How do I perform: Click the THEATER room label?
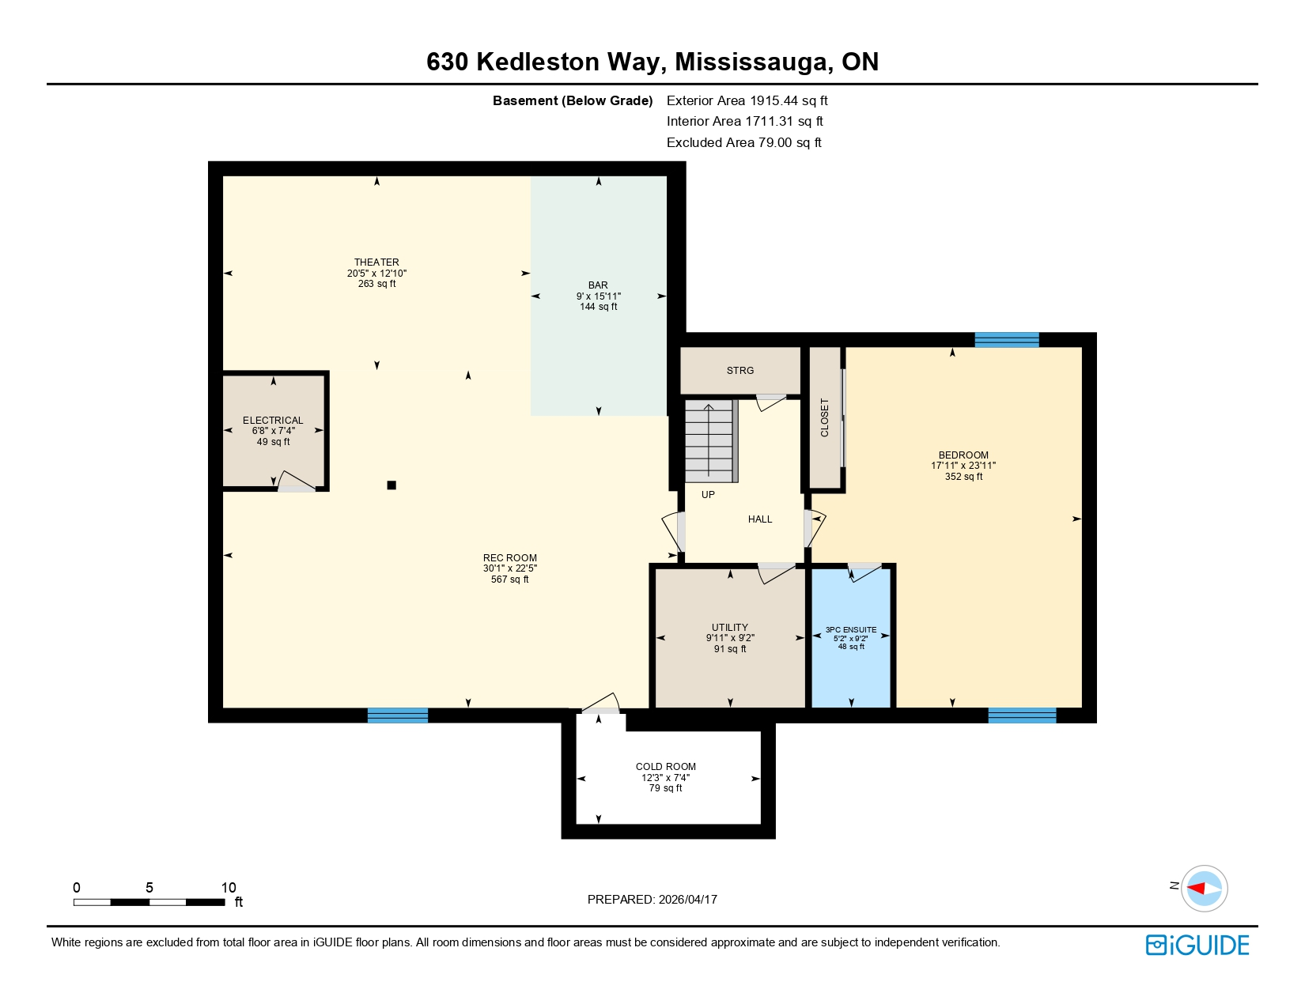point(376,262)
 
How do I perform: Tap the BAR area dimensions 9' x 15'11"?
point(598,296)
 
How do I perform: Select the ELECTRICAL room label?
point(273,421)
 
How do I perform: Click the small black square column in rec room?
point(391,485)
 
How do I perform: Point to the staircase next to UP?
point(709,440)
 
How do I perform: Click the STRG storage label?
point(740,371)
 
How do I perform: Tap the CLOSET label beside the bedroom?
point(825,417)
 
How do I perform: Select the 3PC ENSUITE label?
point(851,630)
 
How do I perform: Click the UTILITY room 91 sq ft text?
point(730,649)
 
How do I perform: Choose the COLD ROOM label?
point(666,767)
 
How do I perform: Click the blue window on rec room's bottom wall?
point(398,715)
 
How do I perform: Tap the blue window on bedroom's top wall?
point(1006,340)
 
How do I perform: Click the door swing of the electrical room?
point(297,482)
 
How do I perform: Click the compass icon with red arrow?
point(1205,888)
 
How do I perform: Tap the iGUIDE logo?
point(1197,946)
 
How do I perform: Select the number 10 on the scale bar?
point(229,888)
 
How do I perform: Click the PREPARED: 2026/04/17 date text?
point(652,900)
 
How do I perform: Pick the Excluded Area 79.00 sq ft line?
point(743,143)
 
